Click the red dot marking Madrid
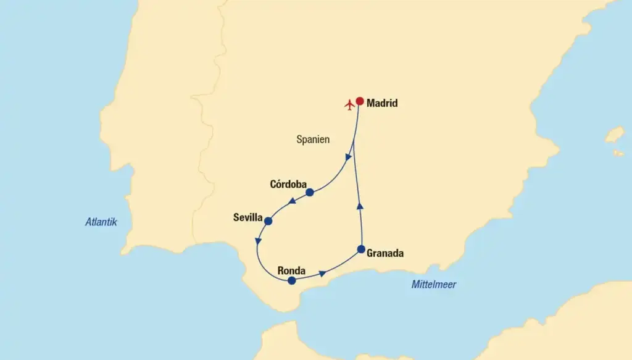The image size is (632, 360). click(x=360, y=101)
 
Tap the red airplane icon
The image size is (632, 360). click(x=349, y=104)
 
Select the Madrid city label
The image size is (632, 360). click(x=382, y=104)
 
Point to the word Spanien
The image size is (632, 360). click(x=313, y=140)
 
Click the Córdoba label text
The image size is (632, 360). click(x=288, y=184)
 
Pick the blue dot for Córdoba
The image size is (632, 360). click(x=310, y=193)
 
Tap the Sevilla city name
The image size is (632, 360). click(x=248, y=217)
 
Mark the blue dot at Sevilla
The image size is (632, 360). click(x=268, y=220)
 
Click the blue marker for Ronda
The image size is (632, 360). click(x=292, y=280)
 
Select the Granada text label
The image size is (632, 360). click(x=385, y=253)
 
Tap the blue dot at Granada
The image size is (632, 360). click(x=362, y=249)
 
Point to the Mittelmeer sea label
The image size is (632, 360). click(x=434, y=285)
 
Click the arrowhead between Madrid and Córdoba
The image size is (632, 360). click(x=349, y=157)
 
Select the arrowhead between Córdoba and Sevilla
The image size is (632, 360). click(x=290, y=202)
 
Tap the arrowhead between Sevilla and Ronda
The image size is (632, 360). click(x=258, y=241)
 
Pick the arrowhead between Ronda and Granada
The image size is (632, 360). click(x=322, y=272)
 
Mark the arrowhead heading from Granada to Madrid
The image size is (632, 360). click(x=360, y=206)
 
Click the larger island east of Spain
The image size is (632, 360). click(x=614, y=135)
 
